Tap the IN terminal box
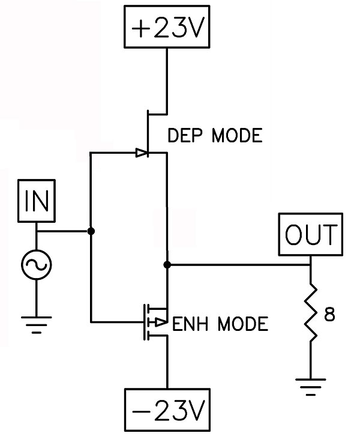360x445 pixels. [x=37, y=201]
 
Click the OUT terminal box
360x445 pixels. [x=311, y=235]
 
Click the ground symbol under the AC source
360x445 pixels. [x=37, y=327]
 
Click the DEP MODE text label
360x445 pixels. [x=215, y=136]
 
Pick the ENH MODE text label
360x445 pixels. [x=219, y=325]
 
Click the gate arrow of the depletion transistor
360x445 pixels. [x=142, y=153]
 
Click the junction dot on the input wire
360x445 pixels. [x=91, y=231]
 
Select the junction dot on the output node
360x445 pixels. [x=167, y=264]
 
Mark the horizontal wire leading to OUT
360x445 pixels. [x=240, y=264]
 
